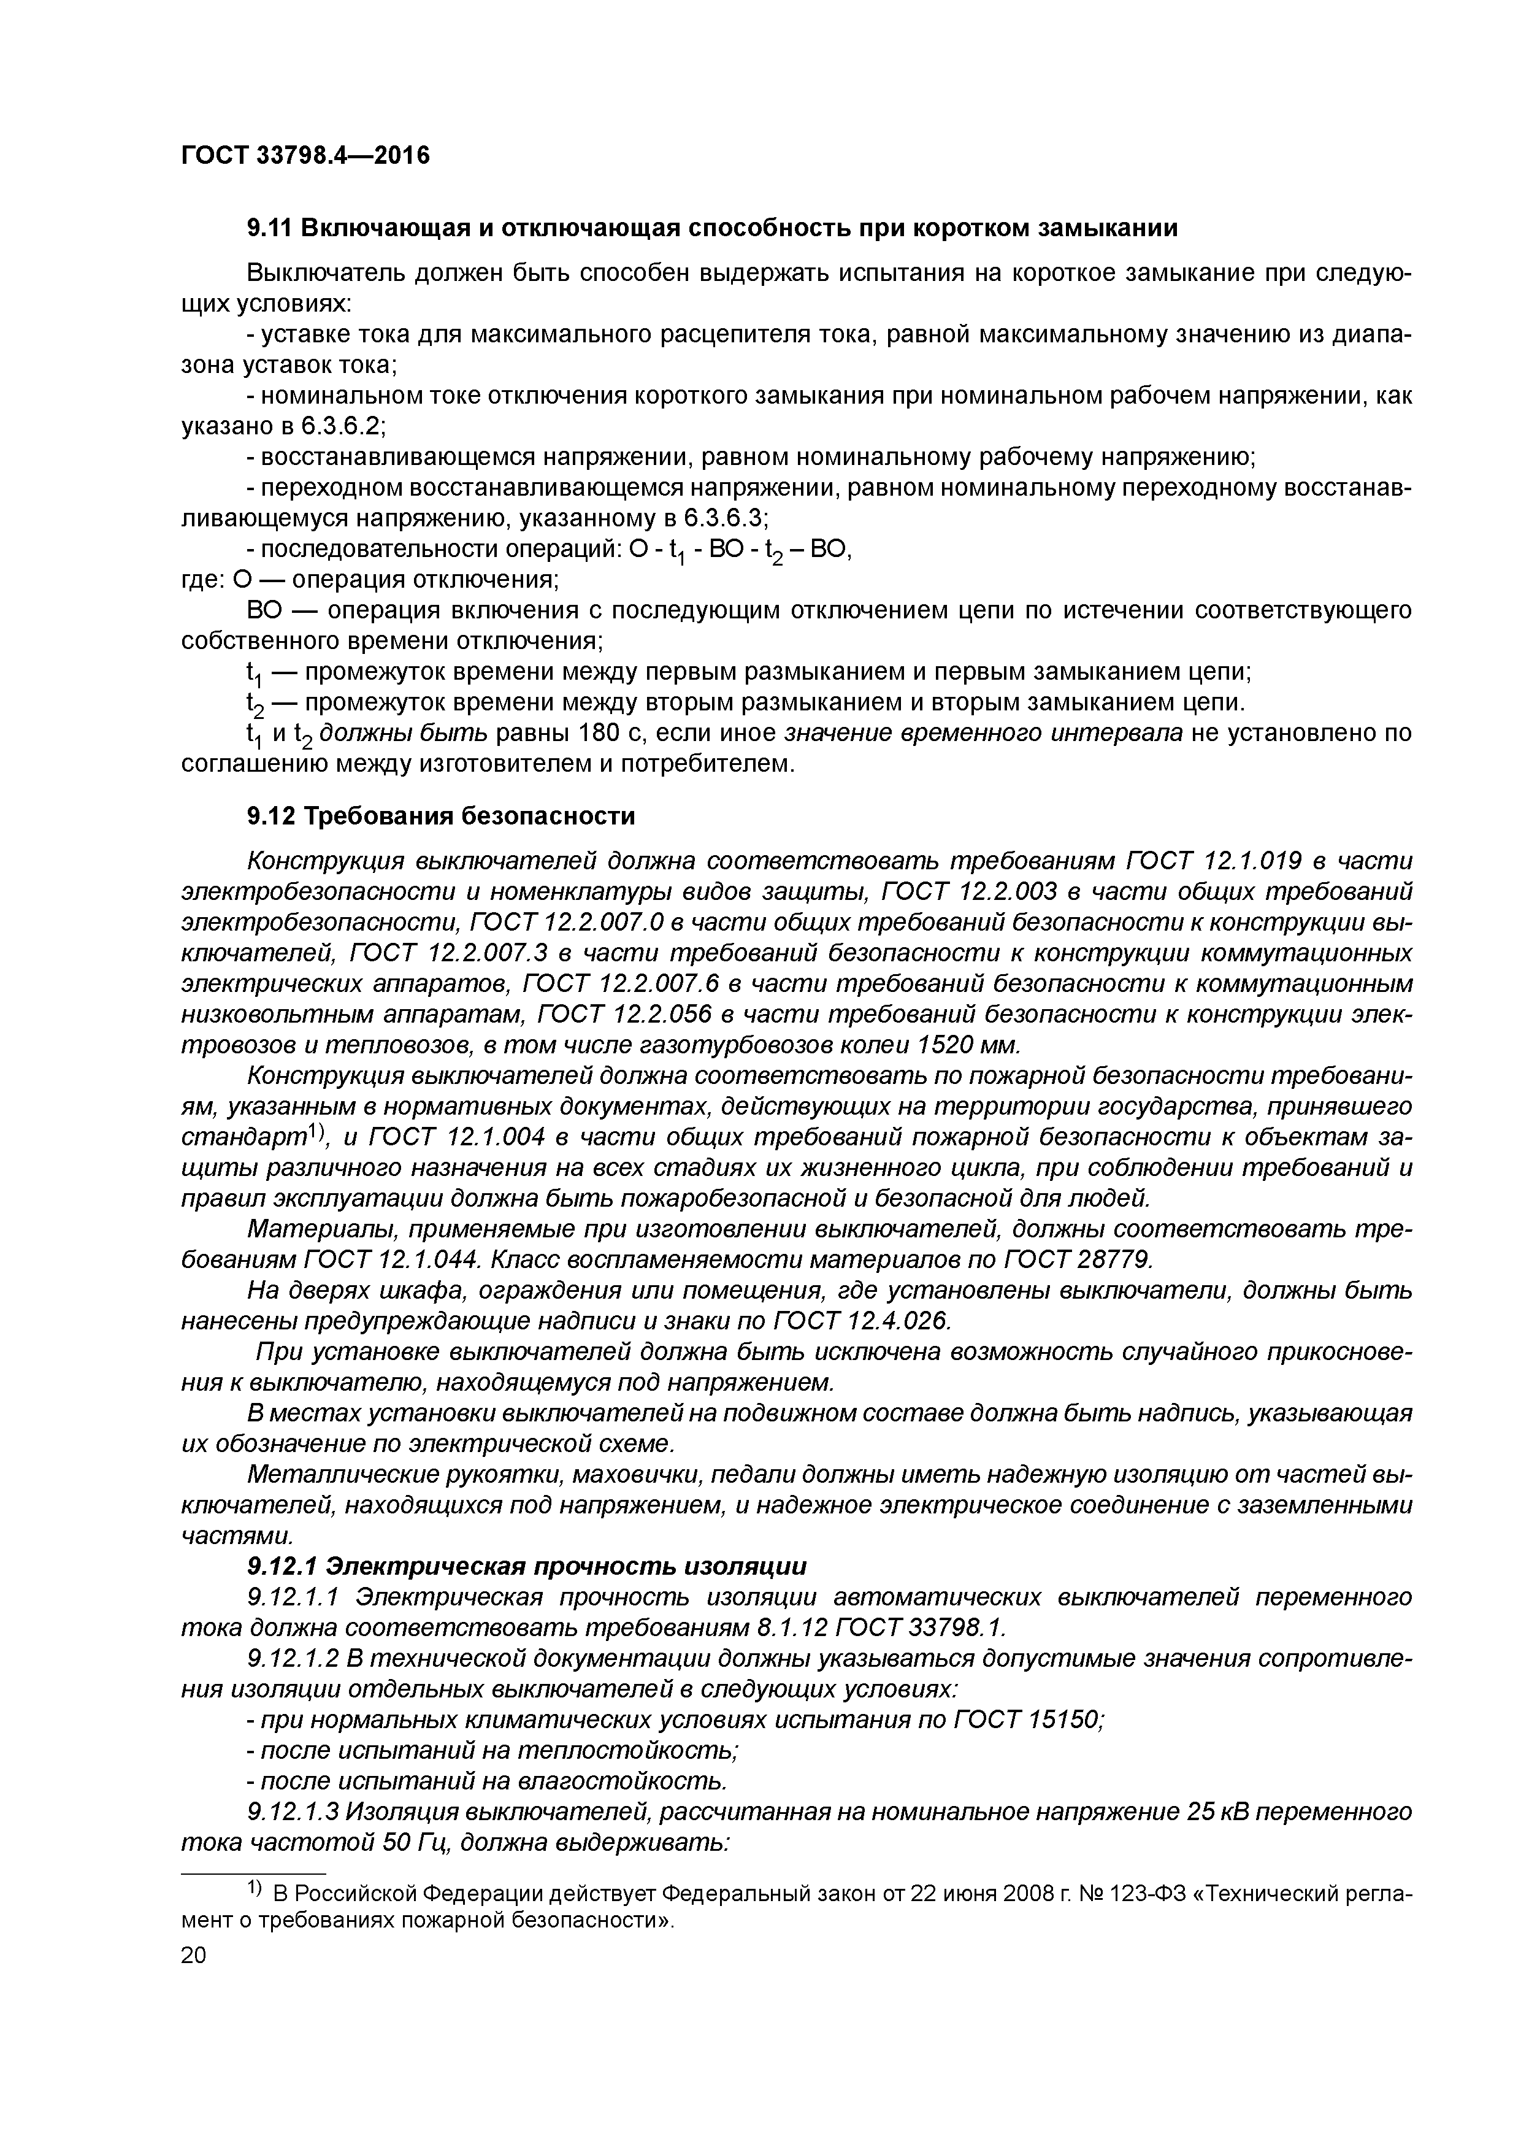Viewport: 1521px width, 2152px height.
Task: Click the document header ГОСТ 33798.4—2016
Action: [x=305, y=156]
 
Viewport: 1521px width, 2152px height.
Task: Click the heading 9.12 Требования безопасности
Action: [x=440, y=817]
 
